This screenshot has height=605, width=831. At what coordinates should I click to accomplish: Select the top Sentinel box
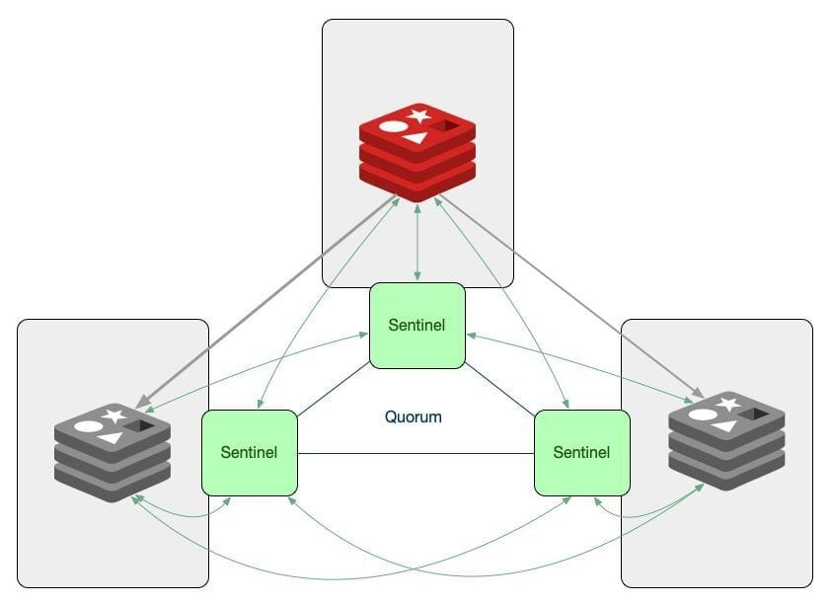click(417, 326)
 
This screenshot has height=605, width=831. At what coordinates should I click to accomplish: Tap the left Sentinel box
click(250, 452)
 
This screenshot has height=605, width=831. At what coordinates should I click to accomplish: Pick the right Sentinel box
click(581, 452)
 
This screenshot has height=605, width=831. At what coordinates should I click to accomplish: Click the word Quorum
click(413, 416)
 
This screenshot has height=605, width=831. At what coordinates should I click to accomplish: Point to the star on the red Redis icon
click(419, 115)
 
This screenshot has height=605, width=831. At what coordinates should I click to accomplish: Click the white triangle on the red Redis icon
click(415, 138)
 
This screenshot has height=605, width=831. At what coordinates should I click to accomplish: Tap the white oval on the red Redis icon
click(393, 126)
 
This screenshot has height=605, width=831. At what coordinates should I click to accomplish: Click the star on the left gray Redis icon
click(114, 416)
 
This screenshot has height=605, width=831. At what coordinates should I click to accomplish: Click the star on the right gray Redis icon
click(728, 404)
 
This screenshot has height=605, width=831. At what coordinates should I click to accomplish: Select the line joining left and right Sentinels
click(415, 453)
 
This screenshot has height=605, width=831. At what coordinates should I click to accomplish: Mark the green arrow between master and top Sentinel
click(417, 242)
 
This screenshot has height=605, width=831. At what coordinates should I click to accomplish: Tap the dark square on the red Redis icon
click(451, 125)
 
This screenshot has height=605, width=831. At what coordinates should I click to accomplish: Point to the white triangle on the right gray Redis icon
click(724, 426)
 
